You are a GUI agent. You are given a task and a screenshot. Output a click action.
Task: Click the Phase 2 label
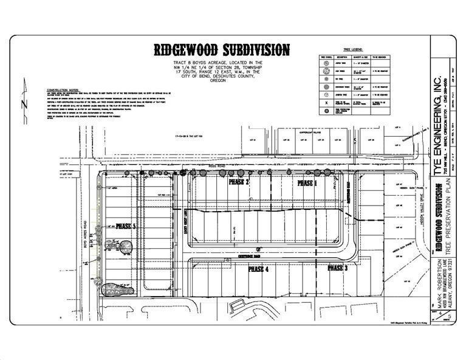coord(239,182)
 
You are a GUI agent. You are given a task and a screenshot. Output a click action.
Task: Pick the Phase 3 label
coord(338,268)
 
